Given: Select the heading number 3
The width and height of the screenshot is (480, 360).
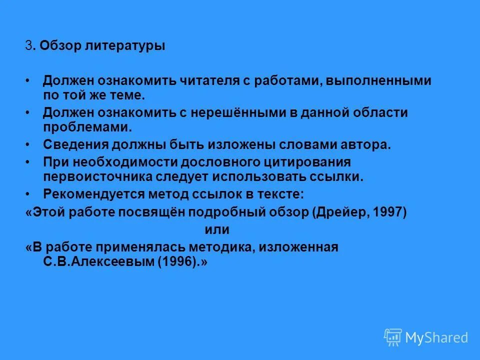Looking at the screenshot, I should pos(28,46).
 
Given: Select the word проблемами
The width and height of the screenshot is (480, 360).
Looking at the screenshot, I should pos(87,126).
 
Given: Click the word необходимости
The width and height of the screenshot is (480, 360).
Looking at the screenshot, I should pos(123,162).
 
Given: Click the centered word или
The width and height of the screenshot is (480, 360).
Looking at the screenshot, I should pos(217,229).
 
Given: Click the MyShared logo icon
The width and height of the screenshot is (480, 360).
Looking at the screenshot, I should pos(392,337).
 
